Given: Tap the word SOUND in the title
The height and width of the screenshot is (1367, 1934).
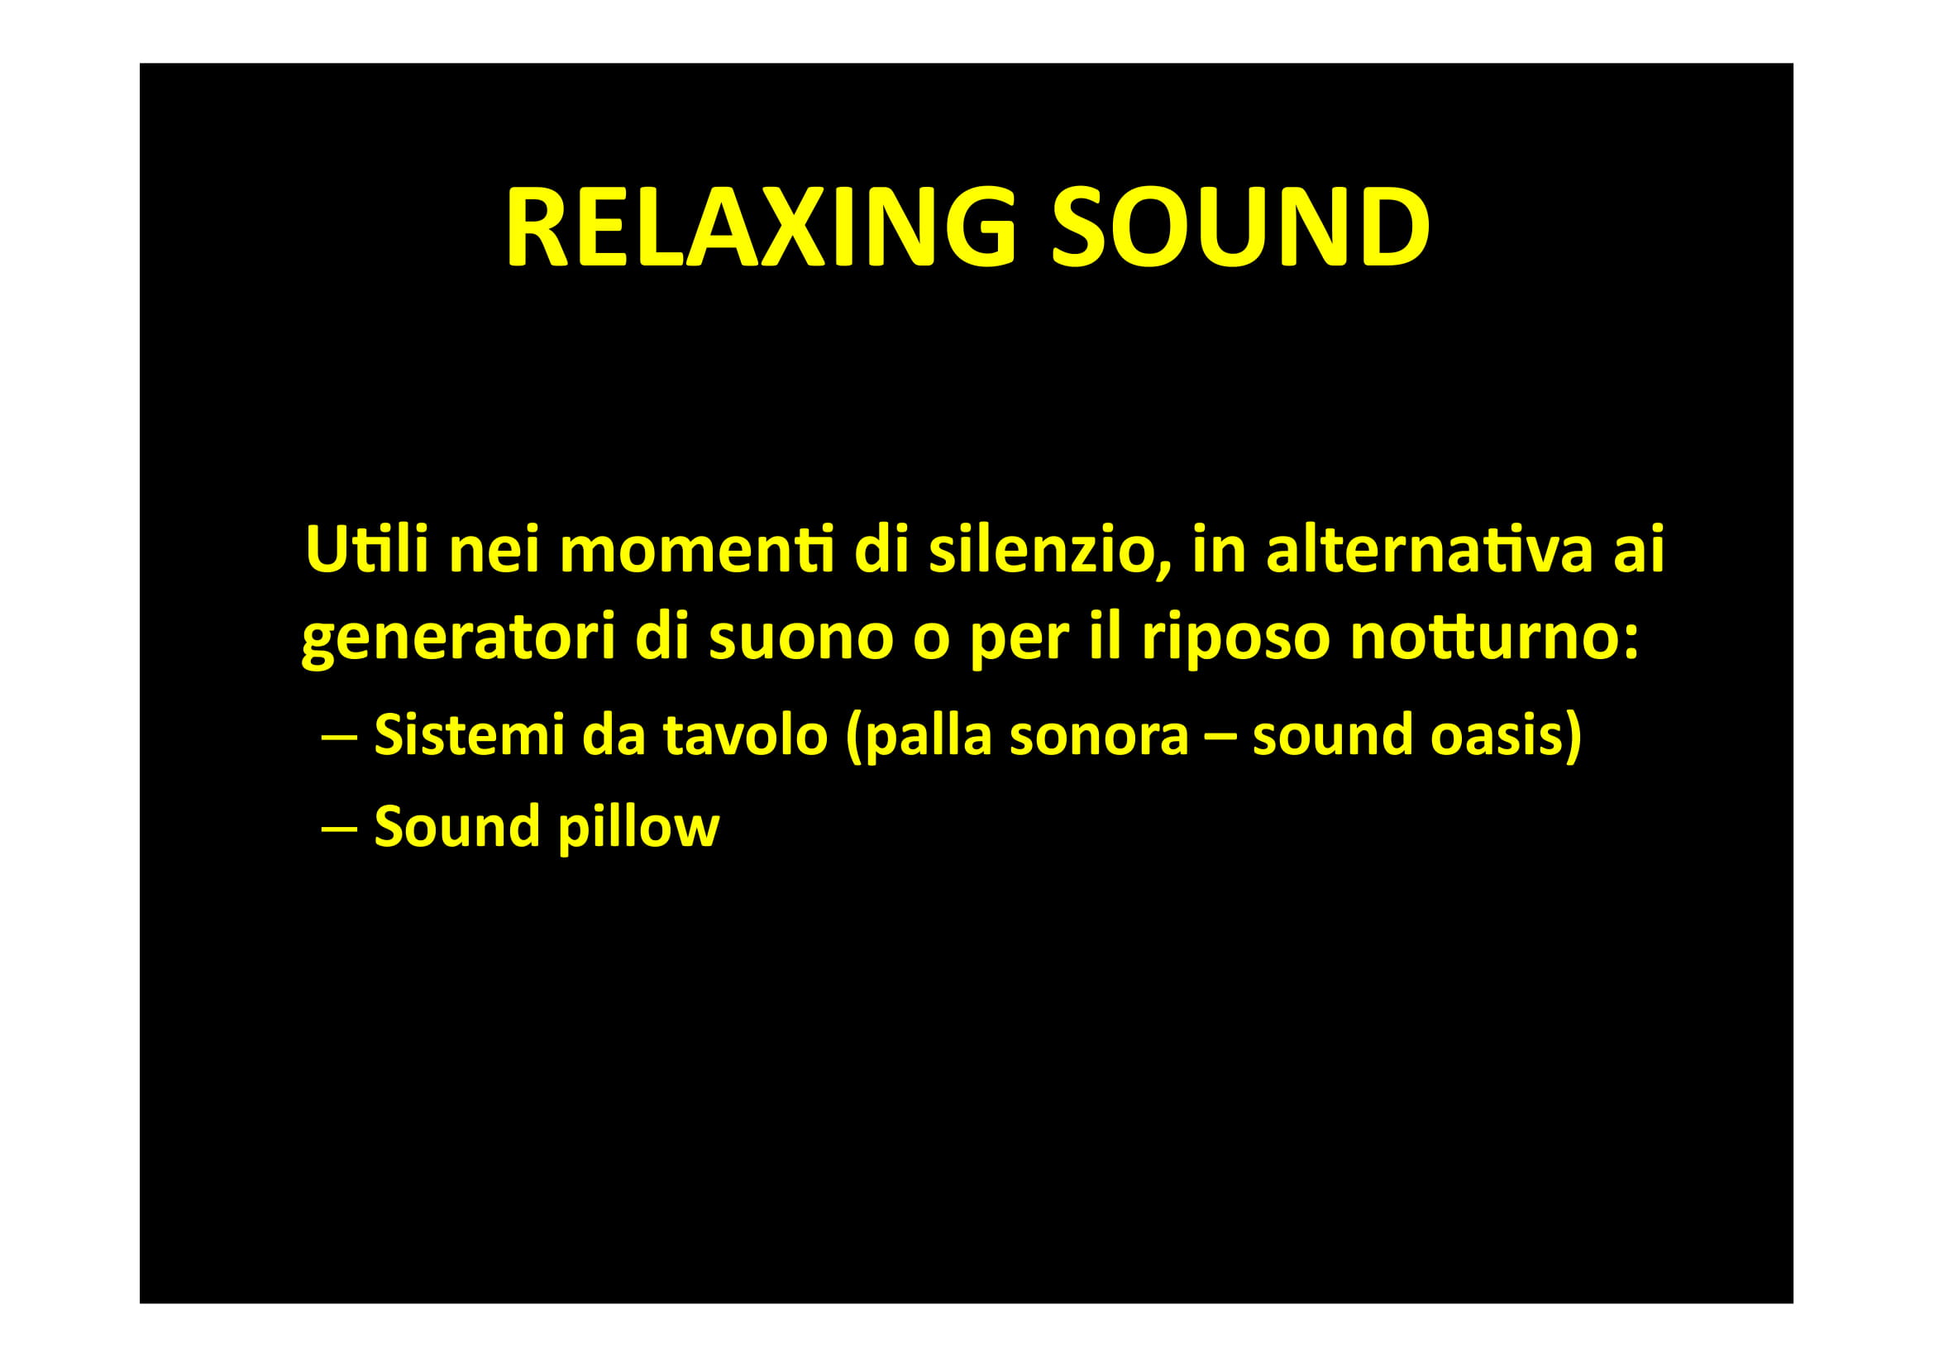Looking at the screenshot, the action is [1240, 226].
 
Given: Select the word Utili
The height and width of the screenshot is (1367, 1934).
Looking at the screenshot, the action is [367, 549].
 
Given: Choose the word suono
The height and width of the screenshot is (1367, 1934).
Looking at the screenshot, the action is [800, 641].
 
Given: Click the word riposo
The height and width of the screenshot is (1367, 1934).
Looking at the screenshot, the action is [1235, 641].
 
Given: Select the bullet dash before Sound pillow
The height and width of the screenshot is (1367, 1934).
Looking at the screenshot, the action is [339, 829].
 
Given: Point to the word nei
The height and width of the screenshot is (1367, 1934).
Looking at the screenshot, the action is [494, 549].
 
